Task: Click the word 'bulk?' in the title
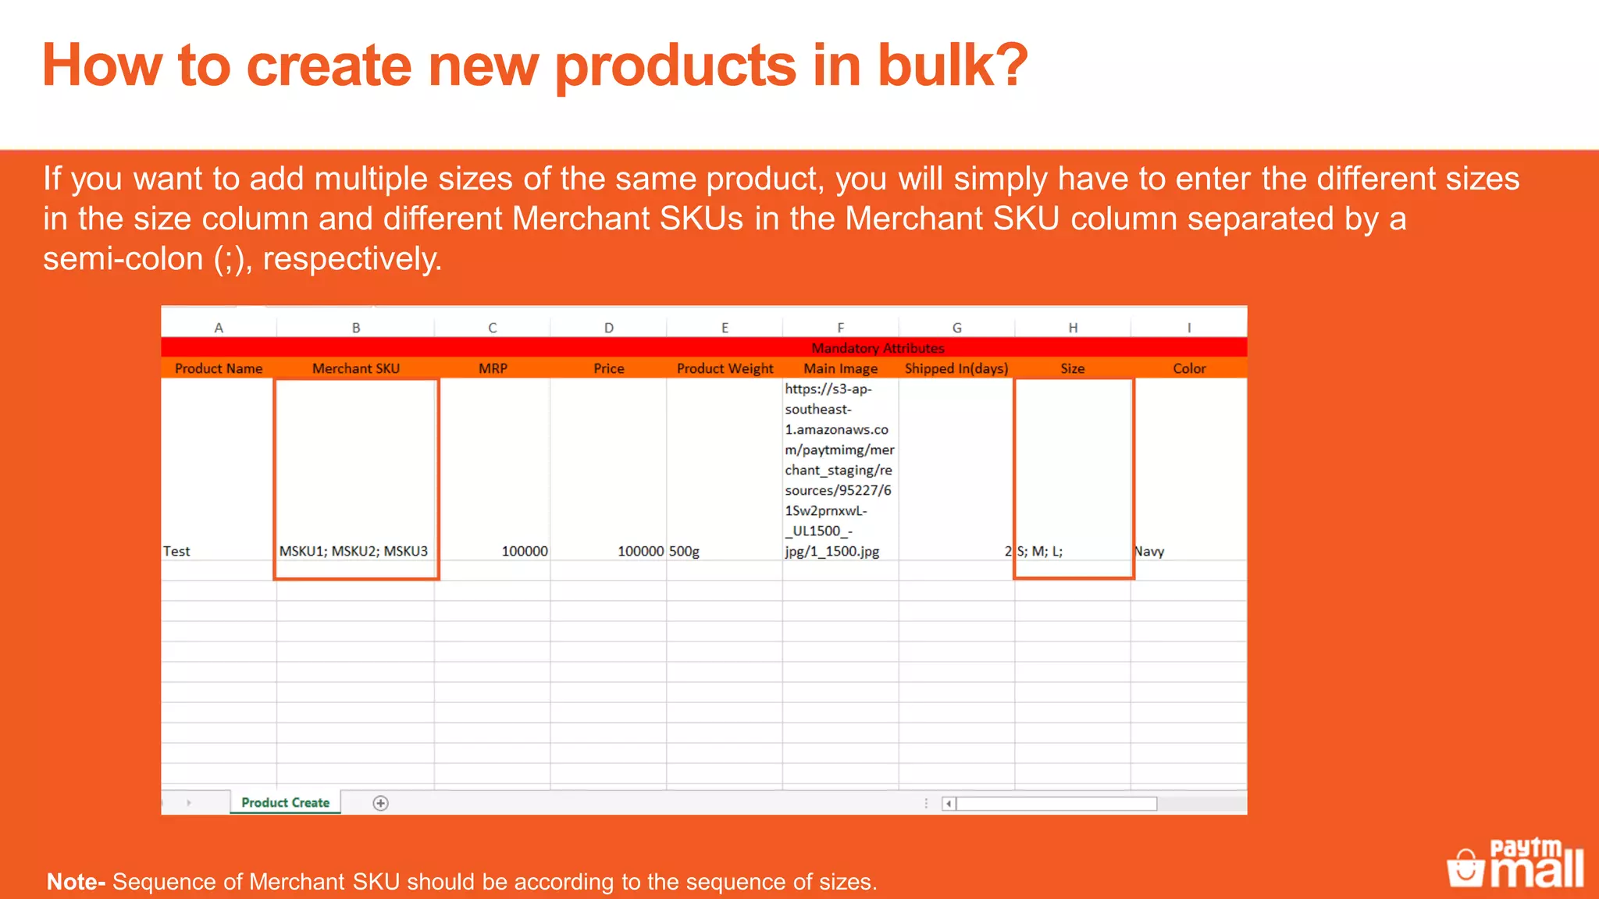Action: pyautogui.click(x=953, y=66)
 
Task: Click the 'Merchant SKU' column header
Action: pyautogui.click(x=355, y=368)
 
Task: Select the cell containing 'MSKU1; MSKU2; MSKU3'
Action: pyautogui.click(x=354, y=551)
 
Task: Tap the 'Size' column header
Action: pyautogui.click(x=1072, y=368)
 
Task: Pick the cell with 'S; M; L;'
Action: pyautogui.click(x=1040, y=551)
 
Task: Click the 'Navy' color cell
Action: pyautogui.click(x=1149, y=551)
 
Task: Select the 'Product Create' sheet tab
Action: pyautogui.click(x=285, y=802)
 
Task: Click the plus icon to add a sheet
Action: pyautogui.click(x=380, y=803)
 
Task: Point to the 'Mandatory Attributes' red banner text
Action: pyautogui.click(x=878, y=348)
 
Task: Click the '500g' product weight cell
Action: pyautogui.click(x=684, y=551)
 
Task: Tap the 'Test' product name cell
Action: pyautogui.click(x=176, y=551)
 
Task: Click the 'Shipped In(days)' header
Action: pyautogui.click(x=956, y=368)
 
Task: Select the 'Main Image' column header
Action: pyautogui.click(x=840, y=368)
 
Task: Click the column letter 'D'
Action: pyautogui.click(x=608, y=328)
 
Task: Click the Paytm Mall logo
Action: pyautogui.click(x=1515, y=864)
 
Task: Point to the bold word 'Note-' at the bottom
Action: pyautogui.click(x=76, y=882)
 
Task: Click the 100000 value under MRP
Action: pyautogui.click(x=524, y=551)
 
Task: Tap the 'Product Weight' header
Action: pyautogui.click(x=725, y=368)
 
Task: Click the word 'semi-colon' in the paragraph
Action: pyautogui.click(x=123, y=259)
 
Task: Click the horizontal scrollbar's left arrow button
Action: pyautogui.click(x=948, y=803)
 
